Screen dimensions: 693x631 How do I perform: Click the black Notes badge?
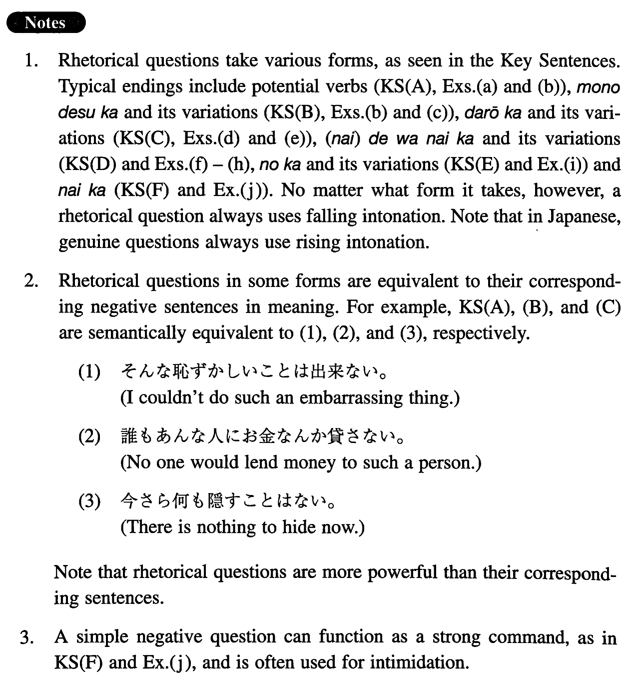click(x=45, y=22)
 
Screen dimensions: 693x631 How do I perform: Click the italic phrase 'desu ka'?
click(x=88, y=113)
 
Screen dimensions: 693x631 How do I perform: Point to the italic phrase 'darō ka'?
click(x=493, y=113)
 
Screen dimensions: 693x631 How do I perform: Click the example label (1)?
click(x=90, y=372)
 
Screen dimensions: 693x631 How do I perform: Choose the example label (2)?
click(x=90, y=437)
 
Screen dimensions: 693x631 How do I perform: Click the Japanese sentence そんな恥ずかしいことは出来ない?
click(x=255, y=371)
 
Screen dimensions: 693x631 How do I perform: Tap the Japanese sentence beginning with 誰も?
click(x=262, y=436)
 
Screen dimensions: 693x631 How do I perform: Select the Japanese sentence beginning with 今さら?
click(x=227, y=501)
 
